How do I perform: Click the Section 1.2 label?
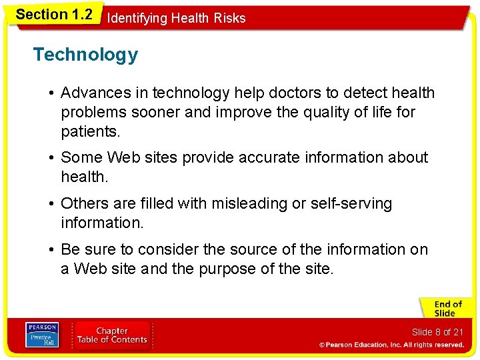pos(53,15)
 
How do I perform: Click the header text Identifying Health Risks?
pos(176,18)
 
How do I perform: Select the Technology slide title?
pos(85,55)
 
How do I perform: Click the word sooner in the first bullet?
pos(156,112)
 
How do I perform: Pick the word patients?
pos(91,131)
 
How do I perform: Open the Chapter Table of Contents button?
pos(111,335)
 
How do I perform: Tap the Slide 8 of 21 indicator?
pos(437,332)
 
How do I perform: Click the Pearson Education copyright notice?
pos(391,345)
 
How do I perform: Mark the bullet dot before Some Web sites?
pos(51,158)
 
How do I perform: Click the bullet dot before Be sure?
pos(51,250)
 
